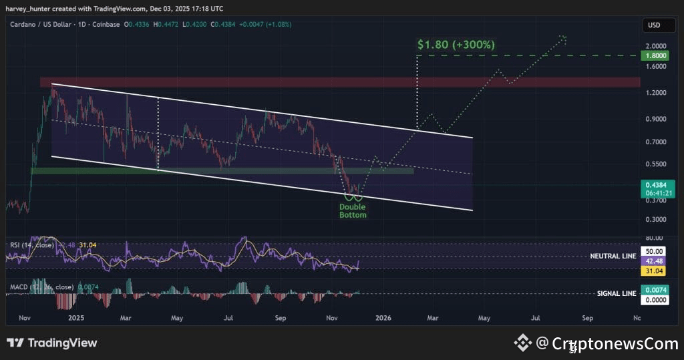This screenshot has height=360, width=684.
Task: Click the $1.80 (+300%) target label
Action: click(456, 45)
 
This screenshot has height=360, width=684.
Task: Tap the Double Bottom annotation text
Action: click(353, 210)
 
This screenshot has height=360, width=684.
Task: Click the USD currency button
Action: click(653, 25)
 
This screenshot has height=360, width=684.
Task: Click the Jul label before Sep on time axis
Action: click(228, 319)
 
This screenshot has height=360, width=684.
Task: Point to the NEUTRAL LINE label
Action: click(613, 256)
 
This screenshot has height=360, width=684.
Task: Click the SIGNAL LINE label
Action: click(616, 293)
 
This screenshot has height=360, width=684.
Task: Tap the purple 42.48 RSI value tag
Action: click(653, 261)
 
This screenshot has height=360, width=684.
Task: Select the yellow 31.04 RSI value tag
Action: click(653, 271)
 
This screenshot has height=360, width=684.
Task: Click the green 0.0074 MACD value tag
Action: click(653, 289)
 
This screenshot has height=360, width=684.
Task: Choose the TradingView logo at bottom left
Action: click(52, 343)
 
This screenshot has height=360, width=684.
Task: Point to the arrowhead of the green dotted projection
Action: click(564, 37)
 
